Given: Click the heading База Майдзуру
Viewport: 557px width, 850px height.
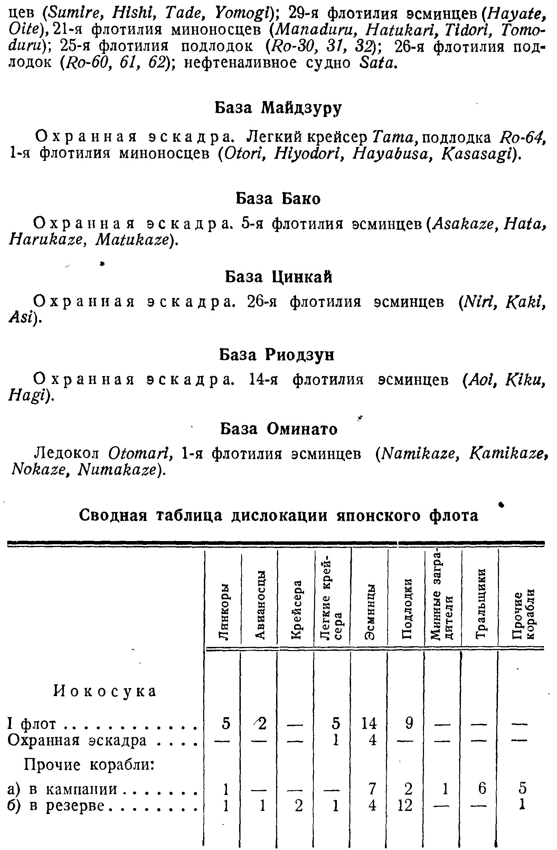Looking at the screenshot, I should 278,107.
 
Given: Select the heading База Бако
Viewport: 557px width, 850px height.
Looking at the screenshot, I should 278,199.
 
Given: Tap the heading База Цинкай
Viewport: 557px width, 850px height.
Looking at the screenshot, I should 278,277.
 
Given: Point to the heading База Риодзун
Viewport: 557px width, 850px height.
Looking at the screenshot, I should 277,355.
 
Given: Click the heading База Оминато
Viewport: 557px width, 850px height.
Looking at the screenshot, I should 279,429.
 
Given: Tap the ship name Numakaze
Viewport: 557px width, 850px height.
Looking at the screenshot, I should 117,470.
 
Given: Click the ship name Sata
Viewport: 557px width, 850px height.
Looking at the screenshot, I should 377,63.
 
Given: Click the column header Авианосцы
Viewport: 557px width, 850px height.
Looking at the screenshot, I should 261,604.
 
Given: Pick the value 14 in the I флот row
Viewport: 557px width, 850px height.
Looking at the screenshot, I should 369,724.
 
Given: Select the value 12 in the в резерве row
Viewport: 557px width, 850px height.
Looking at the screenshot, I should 405,805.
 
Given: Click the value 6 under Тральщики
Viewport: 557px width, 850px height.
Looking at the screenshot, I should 482,788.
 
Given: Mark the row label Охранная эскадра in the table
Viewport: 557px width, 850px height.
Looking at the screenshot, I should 77,740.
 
